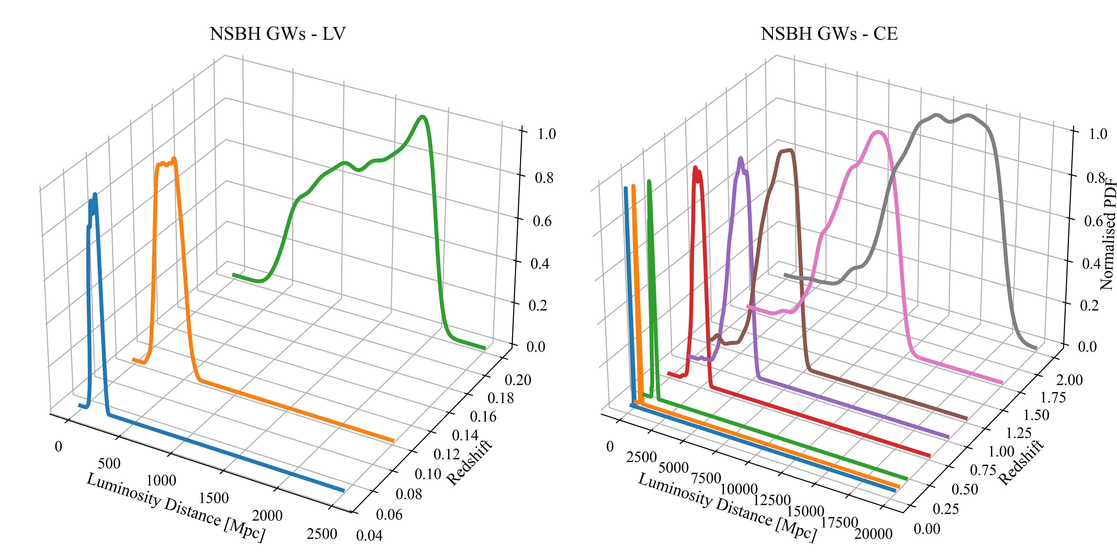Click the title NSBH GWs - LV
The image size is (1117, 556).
coord(277,34)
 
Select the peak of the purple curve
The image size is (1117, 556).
coord(740,159)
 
